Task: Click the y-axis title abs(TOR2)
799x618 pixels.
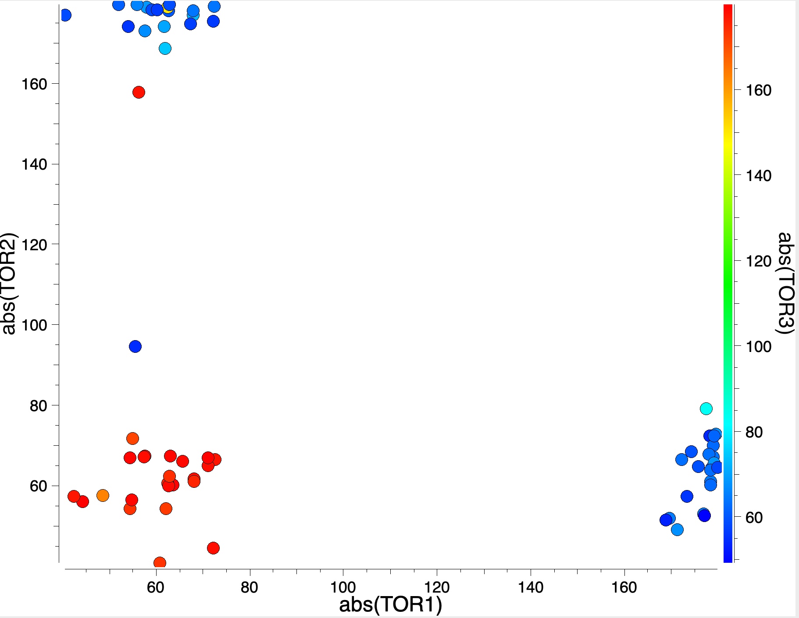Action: (x=9, y=284)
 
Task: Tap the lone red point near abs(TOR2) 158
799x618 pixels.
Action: (x=139, y=92)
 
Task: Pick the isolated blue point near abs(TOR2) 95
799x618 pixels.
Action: (x=135, y=347)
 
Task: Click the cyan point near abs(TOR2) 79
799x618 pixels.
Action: (x=706, y=408)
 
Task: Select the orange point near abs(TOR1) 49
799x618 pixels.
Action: (x=103, y=496)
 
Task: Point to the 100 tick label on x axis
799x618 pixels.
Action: (x=343, y=587)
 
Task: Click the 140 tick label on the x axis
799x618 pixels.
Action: (x=531, y=587)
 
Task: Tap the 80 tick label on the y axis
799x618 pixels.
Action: (x=38, y=406)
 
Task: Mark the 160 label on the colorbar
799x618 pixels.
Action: (x=759, y=90)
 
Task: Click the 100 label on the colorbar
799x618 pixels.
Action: (x=759, y=347)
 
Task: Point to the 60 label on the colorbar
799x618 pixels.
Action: (x=754, y=518)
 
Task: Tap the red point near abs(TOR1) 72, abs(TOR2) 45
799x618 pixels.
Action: (x=213, y=548)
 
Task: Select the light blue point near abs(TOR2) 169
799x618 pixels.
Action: (x=165, y=48)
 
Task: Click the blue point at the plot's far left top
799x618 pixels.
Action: (x=65, y=15)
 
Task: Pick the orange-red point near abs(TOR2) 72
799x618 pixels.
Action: (x=132, y=438)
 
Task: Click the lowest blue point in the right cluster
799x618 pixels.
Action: (x=677, y=529)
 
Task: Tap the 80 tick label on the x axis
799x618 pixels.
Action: (x=250, y=587)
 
